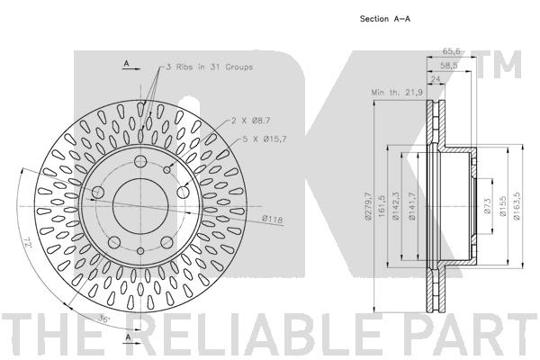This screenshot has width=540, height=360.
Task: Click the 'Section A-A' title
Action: click(384, 19)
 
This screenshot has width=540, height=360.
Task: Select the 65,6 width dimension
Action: click(451, 51)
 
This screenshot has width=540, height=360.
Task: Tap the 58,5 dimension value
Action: click(448, 65)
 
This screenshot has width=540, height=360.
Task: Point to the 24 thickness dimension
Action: click(436, 79)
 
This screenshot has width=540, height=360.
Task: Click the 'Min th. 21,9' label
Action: click(397, 93)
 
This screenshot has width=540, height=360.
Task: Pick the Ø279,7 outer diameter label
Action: click(367, 206)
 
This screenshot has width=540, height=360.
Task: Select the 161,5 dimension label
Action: click(382, 206)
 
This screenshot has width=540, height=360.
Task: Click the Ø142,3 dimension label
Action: click(396, 206)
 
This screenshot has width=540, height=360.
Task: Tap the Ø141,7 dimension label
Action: click(412, 206)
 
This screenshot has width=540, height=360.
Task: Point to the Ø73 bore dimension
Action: click(487, 206)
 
